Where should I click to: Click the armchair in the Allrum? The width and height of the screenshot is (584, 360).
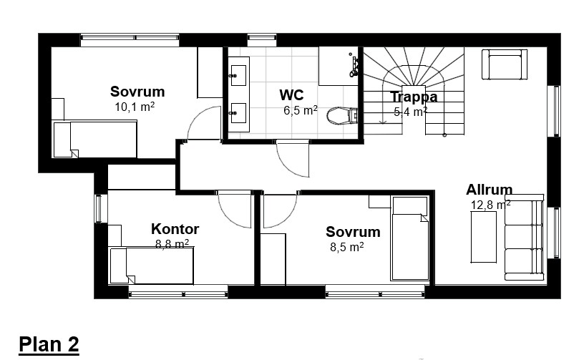(x=505, y=64)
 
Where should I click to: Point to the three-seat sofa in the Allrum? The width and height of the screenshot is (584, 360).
(x=525, y=237)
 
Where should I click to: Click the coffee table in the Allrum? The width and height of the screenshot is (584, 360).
(x=483, y=237)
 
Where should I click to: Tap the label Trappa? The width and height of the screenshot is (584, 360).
(x=414, y=97)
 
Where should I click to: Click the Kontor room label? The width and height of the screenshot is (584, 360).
(x=175, y=228)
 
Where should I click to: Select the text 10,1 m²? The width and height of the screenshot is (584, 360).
(x=135, y=107)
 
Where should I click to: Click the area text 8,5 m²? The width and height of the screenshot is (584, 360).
(x=346, y=246)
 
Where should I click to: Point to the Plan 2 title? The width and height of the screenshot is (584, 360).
(x=49, y=344)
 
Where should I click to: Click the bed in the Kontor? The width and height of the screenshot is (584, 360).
(x=152, y=266)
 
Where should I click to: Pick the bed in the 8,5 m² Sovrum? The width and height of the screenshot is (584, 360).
(x=409, y=238)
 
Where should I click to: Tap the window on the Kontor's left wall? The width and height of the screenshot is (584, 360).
(x=98, y=209)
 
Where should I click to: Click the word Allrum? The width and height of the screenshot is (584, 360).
(x=489, y=190)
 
